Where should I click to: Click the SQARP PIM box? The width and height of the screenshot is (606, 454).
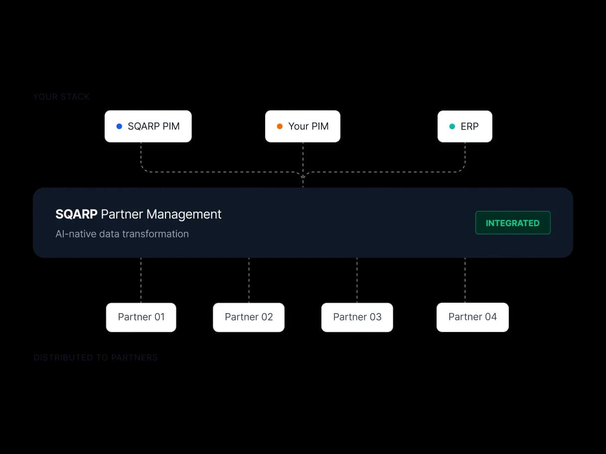[148, 126]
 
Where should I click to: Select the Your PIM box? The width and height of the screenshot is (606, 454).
[303, 126]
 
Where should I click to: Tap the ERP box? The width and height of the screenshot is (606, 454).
[464, 126]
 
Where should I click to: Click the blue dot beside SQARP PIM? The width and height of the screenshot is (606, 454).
[119, 126]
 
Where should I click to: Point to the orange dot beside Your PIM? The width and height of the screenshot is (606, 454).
[280, 126]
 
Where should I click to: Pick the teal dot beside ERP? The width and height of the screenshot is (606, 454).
[452, 126]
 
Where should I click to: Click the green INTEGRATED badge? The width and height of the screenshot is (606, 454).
[513, 223]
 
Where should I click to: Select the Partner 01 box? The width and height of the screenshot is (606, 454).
[141, 317]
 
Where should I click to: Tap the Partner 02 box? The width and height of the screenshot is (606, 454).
[249, 317]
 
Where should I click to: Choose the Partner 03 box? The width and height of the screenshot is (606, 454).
[357, 317]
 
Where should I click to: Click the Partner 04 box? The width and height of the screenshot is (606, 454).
[472, 317]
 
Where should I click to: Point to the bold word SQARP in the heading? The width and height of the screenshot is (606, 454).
[76, 215]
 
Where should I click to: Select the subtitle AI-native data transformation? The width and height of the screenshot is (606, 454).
[122, 234]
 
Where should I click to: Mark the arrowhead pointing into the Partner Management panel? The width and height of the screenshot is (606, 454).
[303, 176]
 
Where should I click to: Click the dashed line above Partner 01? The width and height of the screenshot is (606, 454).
[141, 280]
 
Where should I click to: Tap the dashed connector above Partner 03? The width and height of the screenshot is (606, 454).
[357, 280]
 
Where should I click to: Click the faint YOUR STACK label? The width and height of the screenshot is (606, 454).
[61, 97]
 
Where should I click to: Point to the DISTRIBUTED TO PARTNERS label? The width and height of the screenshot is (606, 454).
[96, 357]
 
